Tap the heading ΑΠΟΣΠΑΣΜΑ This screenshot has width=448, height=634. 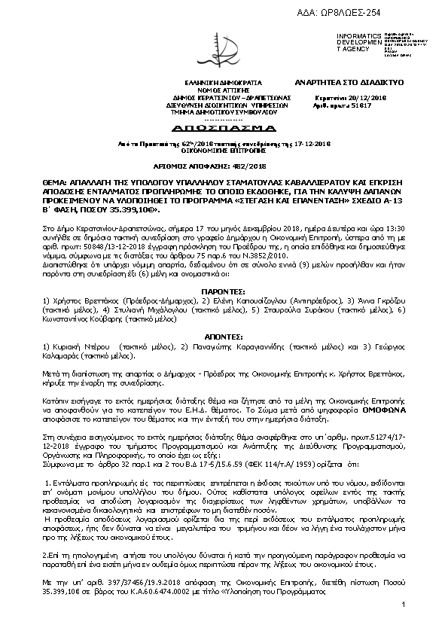click(x=224, y=128)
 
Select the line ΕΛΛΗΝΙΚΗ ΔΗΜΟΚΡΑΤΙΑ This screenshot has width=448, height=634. click(x=223, y=81)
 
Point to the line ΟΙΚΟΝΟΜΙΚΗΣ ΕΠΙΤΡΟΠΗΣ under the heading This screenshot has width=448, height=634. click(x=224, y=149)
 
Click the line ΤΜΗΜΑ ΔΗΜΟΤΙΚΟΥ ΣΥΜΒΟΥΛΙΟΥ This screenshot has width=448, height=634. click(x=223, y=112)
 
